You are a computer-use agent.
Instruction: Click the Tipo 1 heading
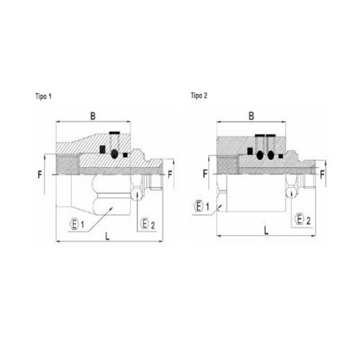pos(43,96)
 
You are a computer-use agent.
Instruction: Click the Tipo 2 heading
pos(199,95)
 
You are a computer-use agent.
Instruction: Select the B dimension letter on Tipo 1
pos(93,116)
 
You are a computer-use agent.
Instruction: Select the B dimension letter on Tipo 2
pos(252,116)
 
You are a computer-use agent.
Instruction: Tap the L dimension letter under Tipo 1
pos(107,236)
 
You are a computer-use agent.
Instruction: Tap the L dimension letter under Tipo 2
pos(266,230)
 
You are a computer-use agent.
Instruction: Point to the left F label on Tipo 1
pos(40,175)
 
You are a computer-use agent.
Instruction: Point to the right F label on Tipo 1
pos(170,175)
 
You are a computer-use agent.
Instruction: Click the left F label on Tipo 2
pos(205,174)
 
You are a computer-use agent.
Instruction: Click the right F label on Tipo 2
pos(322,175)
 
